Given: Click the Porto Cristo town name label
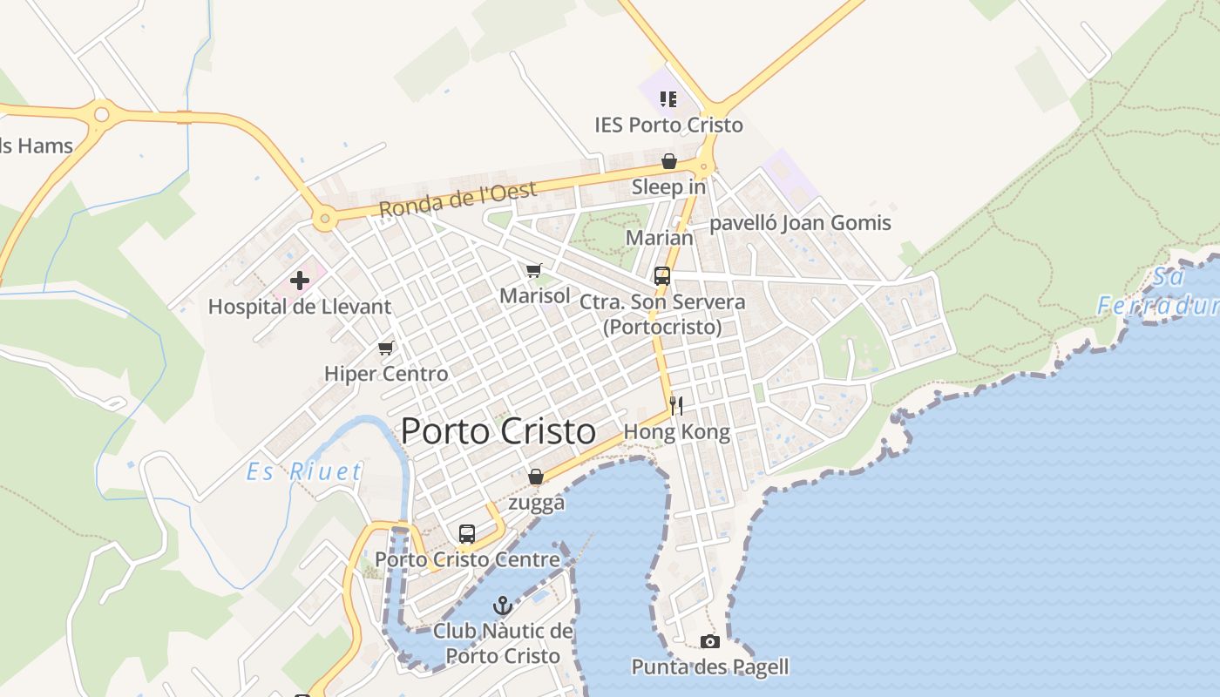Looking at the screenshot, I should (x=498, y=431).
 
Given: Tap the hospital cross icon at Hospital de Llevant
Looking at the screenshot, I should (x=300, y=281).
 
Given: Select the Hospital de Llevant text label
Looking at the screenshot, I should (x=300, y=307).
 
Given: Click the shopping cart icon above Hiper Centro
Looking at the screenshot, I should (x=386, y=348).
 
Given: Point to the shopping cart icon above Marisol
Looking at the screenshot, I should (x=534, y=270).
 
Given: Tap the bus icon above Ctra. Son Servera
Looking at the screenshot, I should (x=662, y=276).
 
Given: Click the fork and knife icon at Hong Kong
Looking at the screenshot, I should (x=676, y=405).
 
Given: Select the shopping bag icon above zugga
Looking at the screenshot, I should (x=536, y=477).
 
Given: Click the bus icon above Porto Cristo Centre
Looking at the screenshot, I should (x=467, y=533).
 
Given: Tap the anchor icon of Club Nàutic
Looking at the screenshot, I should (x=503, y=605).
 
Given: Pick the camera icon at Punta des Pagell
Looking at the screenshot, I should (x=710, y=642).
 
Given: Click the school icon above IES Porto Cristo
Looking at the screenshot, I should (x=668, y=98).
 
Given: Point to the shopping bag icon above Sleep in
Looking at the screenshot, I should (x=668, y=161).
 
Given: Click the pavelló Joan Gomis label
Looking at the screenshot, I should (x=800, y=223).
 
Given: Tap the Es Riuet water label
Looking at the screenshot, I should (x=304, y=472).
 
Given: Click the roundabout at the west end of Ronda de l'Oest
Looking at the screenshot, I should (x=325, y=219).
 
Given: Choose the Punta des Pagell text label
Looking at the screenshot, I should (x=710, y=667).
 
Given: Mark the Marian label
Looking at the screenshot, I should (x=660, y=238).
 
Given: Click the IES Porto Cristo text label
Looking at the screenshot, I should (x=668, y=125).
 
